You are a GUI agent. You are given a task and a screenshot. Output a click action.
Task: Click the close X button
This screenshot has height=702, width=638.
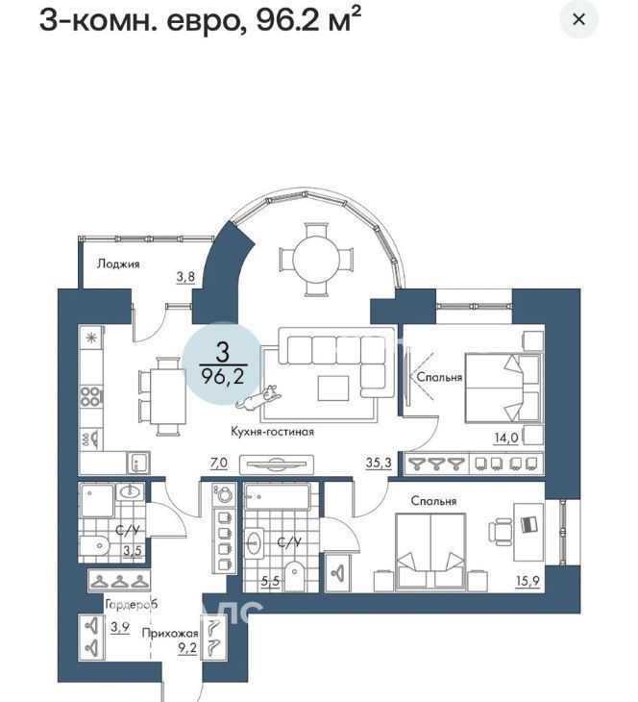[x=579, y=19]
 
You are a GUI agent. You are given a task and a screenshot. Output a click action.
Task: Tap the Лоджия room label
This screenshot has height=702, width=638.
[x=118, y=263]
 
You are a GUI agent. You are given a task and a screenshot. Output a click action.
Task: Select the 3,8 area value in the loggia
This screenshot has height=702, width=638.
[x=185, y=277]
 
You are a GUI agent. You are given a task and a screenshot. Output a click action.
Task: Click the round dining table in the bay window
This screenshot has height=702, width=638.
[x=316, y=259]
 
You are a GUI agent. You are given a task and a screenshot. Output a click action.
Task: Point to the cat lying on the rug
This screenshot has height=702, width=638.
[x=258, y=397]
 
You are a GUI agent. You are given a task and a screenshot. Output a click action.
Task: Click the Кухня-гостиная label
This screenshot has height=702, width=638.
[x=273, y=432]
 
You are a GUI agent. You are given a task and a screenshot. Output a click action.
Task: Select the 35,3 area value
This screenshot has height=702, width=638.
[x=379, y=463]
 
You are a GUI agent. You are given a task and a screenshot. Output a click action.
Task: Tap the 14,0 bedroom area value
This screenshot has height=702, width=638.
[x=506, y=438]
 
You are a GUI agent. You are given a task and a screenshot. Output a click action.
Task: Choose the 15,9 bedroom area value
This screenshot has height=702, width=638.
[x=528, y=581]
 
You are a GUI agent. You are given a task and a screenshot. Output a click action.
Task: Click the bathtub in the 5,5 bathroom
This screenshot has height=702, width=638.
[x=278, y=496]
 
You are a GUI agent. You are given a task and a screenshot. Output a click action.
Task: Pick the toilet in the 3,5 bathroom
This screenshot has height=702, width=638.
[x=95, y=546]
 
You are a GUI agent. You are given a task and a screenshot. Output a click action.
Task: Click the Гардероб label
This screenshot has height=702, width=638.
[x=131, y=605]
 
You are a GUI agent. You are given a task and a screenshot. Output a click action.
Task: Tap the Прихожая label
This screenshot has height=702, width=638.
[x=170, y=633]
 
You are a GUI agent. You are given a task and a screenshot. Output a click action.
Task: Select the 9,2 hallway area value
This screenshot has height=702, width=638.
[x=188, y=647]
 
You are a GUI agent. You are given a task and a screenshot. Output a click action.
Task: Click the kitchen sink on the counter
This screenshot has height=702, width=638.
[x=137, y=463]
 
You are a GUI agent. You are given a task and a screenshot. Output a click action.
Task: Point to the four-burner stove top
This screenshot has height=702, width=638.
[x=90, y=396]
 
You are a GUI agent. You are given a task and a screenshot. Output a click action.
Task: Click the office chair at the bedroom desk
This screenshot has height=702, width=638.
[x=501, y=532]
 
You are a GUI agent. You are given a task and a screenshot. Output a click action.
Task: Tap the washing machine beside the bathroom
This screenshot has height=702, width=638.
[x=224, y=494]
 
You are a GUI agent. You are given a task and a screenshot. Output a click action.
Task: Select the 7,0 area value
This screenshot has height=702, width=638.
[x=219, y=463]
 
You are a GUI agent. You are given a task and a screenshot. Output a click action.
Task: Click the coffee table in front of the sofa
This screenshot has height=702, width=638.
[x=332, y=389]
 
